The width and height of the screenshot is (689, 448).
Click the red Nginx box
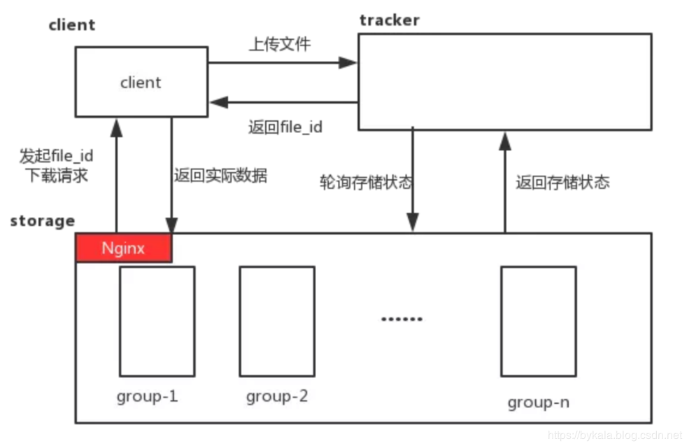pos(124,248)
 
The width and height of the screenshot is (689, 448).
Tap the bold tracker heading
pos(390,20)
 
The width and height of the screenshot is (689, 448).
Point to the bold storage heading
pos(43,221)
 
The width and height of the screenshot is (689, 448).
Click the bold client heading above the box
pos(71,25)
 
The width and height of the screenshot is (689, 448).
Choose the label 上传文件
pos(280,44)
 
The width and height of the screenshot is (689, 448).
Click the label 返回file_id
pos(285,127)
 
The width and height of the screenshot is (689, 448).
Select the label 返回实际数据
pos(220,175)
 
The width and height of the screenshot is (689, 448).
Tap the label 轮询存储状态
pos(366,182)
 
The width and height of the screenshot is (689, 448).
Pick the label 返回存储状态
pos(563,182)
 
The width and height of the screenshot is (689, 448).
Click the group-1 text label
pos(147,397)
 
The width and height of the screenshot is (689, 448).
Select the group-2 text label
pos(277,397)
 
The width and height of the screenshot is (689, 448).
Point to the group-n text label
pos(539,402)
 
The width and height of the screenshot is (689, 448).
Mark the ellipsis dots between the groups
pos(402,318)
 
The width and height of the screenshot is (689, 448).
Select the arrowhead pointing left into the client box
pos(219,102)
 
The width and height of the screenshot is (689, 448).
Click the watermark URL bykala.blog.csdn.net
pos(615,435)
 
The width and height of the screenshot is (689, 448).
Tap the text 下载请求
pos(57,176)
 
